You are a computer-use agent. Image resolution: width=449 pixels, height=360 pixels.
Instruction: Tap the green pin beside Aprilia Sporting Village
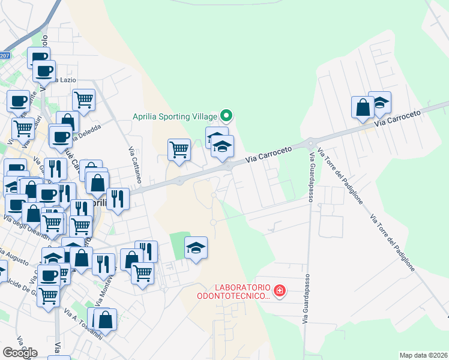coord(226,115)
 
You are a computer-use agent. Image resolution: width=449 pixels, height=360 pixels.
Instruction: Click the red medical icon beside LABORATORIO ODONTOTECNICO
coord(279,292)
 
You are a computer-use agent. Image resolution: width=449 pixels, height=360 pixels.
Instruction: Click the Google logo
coord(20,353)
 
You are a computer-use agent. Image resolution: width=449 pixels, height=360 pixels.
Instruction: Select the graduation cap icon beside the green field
coord(196,248)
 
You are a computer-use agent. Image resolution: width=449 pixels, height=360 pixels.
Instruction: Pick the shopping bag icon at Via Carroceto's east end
coord(363,108)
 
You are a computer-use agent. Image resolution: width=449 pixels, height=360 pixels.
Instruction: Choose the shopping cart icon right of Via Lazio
coord(83,100)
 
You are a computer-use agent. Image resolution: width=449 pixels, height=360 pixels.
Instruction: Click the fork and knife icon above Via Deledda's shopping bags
coord(55,169)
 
